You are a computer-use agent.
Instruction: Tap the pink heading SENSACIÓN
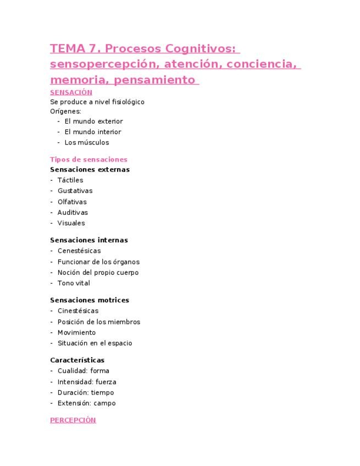(x=71, y=92)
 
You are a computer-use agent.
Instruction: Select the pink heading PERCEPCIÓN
(x=73, y=420)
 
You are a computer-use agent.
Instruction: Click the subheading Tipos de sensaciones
(x=88, y=159)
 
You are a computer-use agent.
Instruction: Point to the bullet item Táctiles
(x=70, y=180)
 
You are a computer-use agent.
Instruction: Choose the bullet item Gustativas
(x=75, y=191)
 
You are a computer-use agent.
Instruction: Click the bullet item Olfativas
(x=72, y=202)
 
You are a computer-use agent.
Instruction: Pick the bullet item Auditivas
(x=73, y=212)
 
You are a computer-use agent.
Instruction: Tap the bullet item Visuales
(x=71, y=223)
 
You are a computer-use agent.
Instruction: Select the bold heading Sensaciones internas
(x=89, y=240)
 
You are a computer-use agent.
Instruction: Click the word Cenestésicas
(x=79, y=251)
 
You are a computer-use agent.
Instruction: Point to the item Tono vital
(x=74, y=283)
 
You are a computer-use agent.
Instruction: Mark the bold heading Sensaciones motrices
(x=90, y=300)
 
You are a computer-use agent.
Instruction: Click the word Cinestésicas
(x=78, y=311)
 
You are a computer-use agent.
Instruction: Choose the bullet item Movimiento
(x=76, y=332)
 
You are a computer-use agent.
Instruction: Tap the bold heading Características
(x=77, y=360)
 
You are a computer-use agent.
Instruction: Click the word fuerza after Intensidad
(x=106, y=382)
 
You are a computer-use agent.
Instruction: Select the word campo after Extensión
(x=104, y=403)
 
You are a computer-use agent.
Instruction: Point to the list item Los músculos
(x=87, y=142)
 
